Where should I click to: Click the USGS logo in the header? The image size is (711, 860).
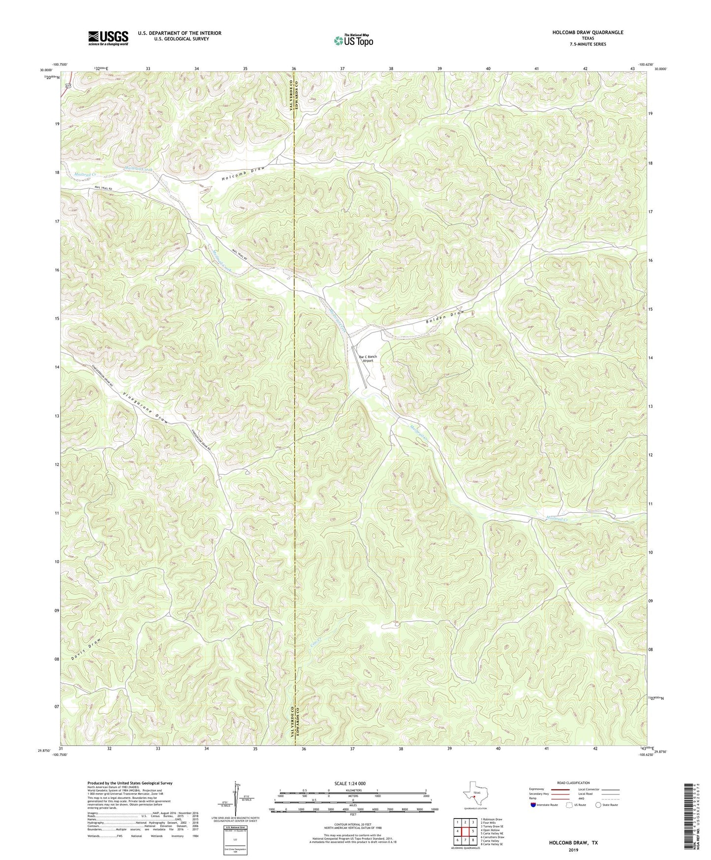108,37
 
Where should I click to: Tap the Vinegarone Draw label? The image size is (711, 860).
147,408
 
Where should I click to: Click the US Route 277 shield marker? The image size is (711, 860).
67,86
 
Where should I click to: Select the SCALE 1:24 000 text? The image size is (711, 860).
351,783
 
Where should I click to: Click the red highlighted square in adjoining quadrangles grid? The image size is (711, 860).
464,831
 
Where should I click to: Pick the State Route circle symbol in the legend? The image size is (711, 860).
598,805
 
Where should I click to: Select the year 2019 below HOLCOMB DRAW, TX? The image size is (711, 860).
573,850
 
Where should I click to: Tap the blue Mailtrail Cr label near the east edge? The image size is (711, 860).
557,518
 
